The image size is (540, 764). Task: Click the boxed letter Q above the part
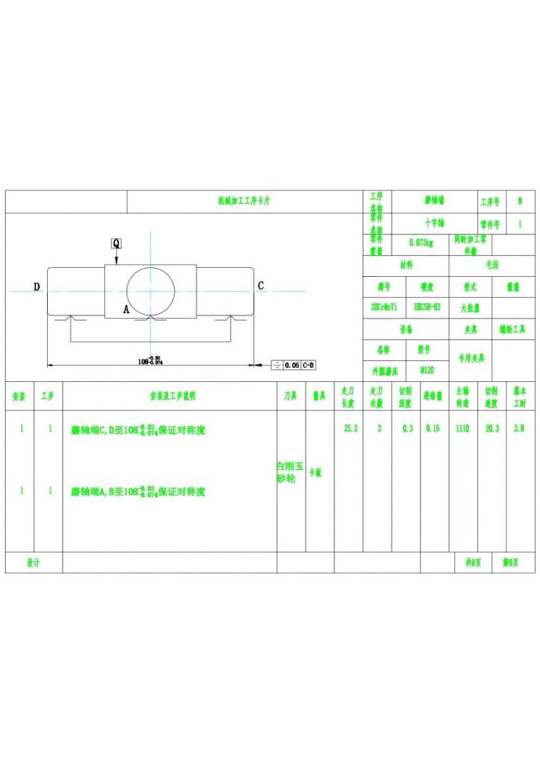[116, 243]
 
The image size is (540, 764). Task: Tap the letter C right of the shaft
[260, 286]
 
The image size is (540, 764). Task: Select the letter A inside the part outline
[126, 308]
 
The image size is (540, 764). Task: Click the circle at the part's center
[151, 290]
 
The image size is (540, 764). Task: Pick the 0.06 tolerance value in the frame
[291, 365]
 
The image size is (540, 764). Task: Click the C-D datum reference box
[308, 365]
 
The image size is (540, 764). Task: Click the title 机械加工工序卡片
[244, 201]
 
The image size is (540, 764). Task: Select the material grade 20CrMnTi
[384, 307]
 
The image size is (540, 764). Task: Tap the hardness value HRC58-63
[427, 307]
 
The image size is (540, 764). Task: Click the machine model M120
[427, 369]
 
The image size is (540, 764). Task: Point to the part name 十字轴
[433, 223]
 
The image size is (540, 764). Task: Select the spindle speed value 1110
[462, 429]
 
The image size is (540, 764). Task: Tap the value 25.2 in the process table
[350, 429]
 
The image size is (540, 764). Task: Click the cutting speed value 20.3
[492, 429]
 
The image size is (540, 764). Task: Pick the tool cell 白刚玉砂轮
[291, 472]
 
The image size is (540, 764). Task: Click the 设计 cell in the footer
[34, 563]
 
